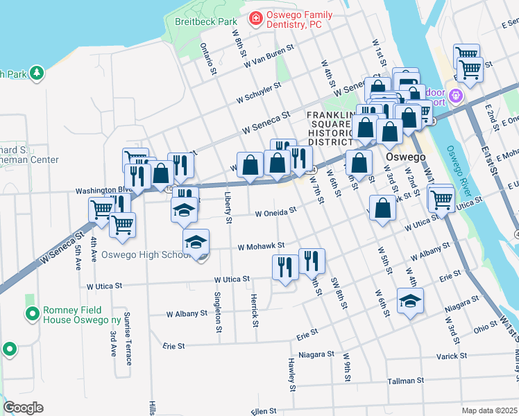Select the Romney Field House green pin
32,315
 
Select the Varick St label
452,356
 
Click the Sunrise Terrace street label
128,338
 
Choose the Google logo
23,407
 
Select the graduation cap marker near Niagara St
411,300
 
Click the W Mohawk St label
262,246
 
